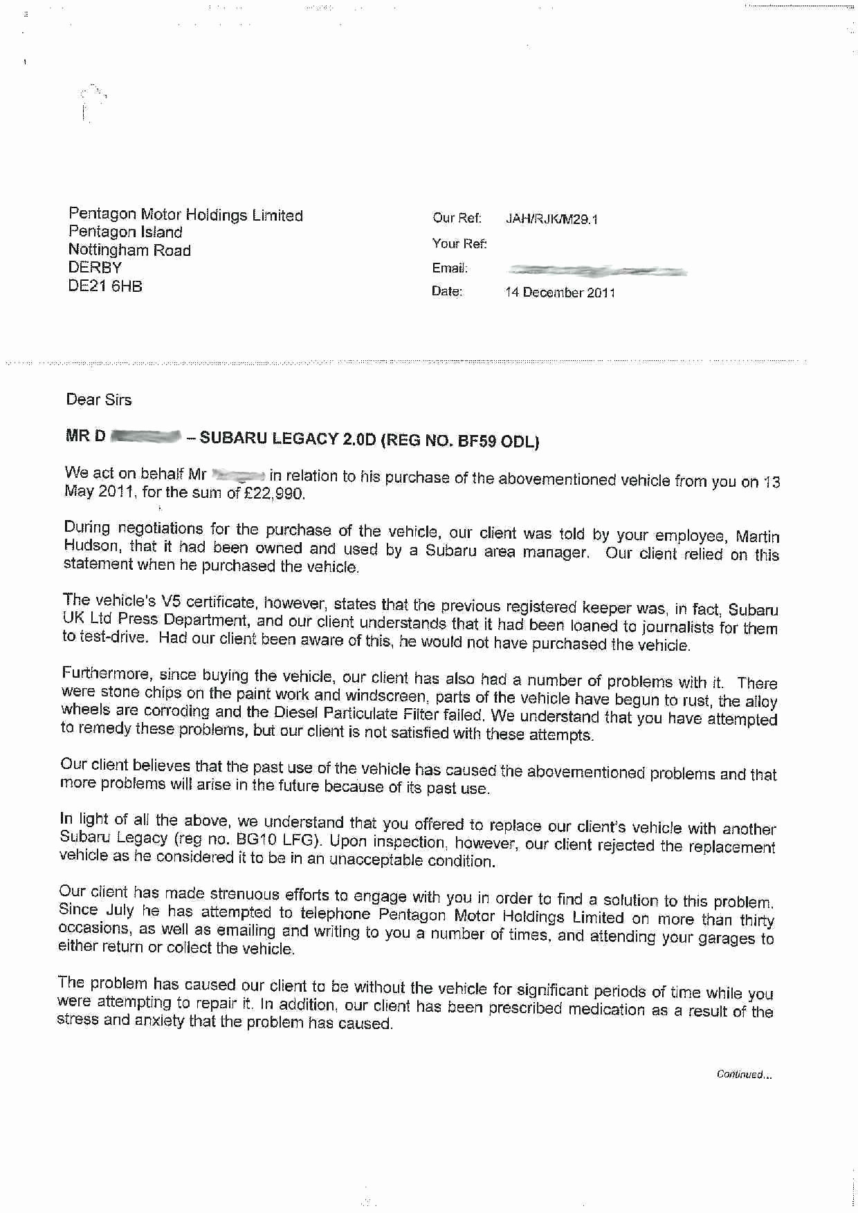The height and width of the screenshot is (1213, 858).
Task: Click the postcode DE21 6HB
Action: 105,286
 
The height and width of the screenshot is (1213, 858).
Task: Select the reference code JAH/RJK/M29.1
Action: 551,219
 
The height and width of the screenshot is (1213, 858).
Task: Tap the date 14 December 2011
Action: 560,293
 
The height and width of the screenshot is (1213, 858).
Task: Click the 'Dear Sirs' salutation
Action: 98,400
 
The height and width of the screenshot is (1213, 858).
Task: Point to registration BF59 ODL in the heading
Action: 498,441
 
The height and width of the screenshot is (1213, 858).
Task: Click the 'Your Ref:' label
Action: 459,243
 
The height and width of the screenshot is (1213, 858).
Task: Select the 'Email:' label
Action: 450,268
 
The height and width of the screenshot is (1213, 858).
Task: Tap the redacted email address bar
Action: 596,271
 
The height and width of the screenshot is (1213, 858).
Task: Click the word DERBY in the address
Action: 95,268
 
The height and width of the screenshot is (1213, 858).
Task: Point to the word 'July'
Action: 120,910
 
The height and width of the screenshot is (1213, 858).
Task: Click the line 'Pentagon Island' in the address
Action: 125,232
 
